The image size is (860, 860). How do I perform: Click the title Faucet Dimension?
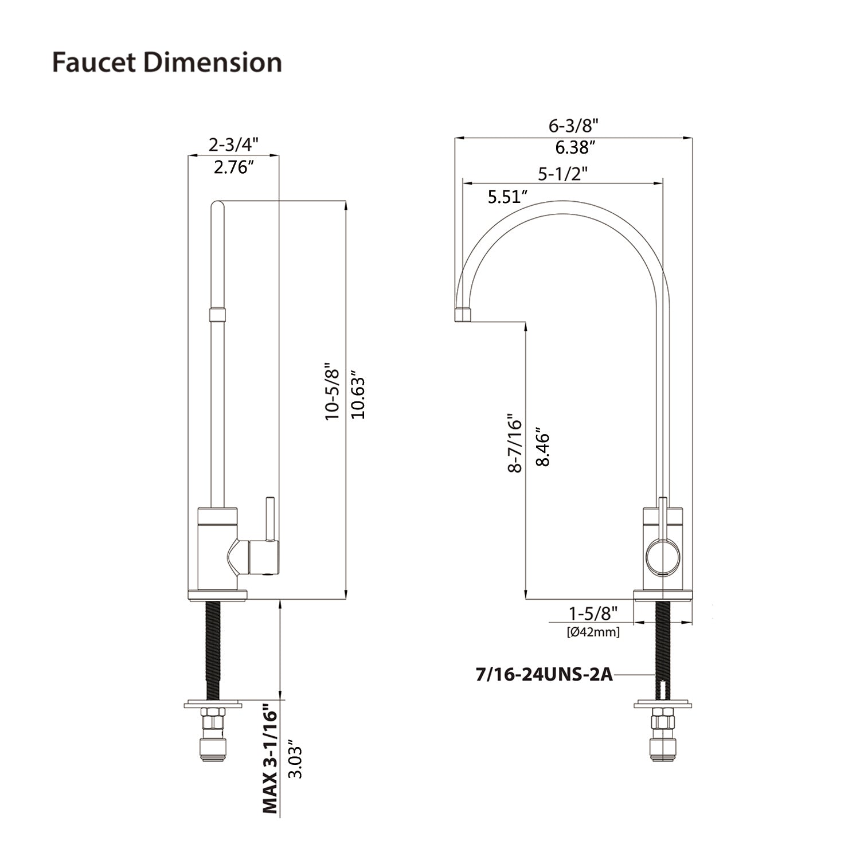click(x=167, y=62)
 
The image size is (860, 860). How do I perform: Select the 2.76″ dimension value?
click(x=234, y=167)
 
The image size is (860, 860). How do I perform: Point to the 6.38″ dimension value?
click(x=573, y=148)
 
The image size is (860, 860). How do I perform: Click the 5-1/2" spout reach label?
click(x=562, y=173)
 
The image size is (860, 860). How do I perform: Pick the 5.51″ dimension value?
click(x=507, y=197)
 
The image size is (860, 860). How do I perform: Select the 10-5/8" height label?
click(x=333, y=391)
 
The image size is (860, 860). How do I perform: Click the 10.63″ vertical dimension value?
click(x=358, y=397)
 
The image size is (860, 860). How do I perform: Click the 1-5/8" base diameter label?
click(x=593, y=613)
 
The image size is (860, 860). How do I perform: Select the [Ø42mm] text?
click(x=593, y=632)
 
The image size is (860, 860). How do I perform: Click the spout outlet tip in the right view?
click(x=463, y=315)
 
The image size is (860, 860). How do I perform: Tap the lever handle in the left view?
click(x=268, y=519)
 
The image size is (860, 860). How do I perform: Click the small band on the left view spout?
click(x=217, y=314)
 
